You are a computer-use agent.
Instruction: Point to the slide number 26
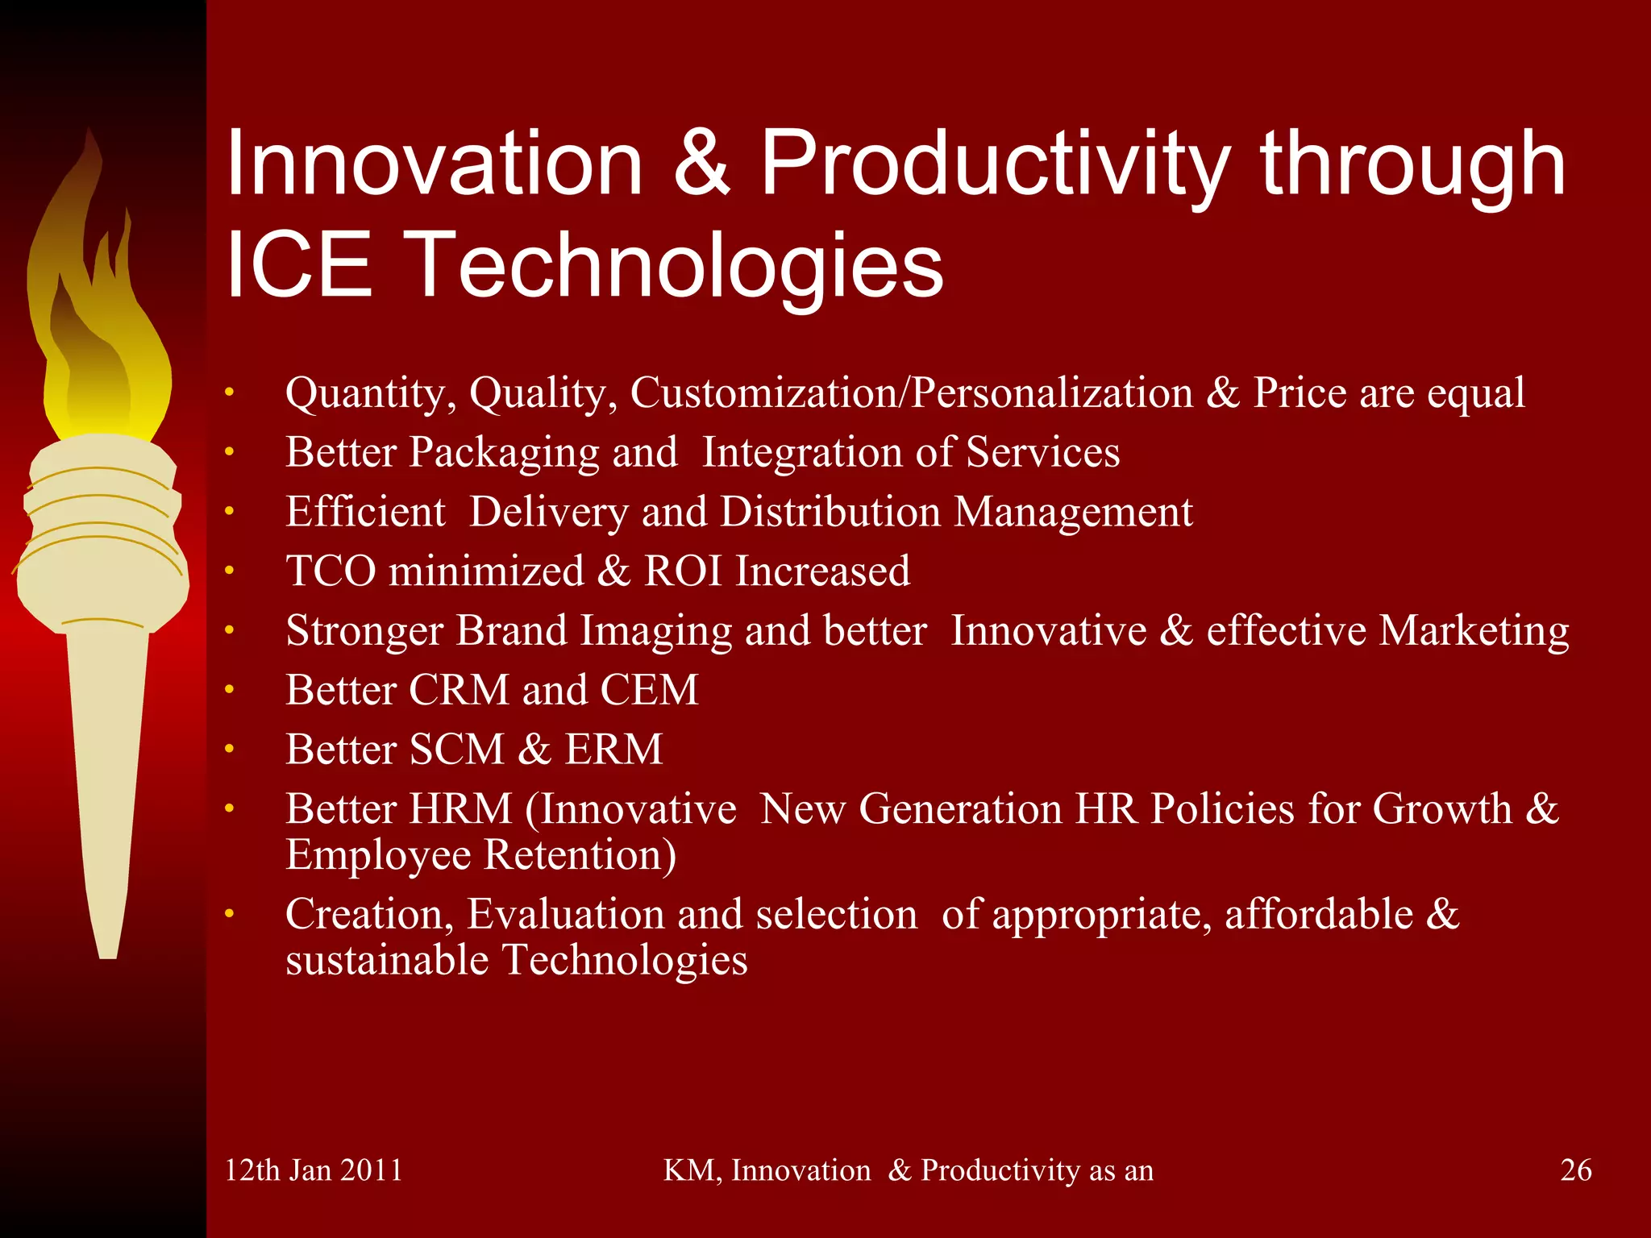1575,1169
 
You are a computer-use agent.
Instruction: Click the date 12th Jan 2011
313,1169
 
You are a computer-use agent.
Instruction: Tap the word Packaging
504,454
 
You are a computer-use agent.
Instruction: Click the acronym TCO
331,571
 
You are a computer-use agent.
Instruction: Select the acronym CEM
649,691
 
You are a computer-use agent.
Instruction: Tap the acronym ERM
613,750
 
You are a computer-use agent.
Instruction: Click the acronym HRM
460,809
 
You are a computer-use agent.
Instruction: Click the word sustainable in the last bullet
387,961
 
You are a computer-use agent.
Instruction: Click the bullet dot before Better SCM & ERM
229,750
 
